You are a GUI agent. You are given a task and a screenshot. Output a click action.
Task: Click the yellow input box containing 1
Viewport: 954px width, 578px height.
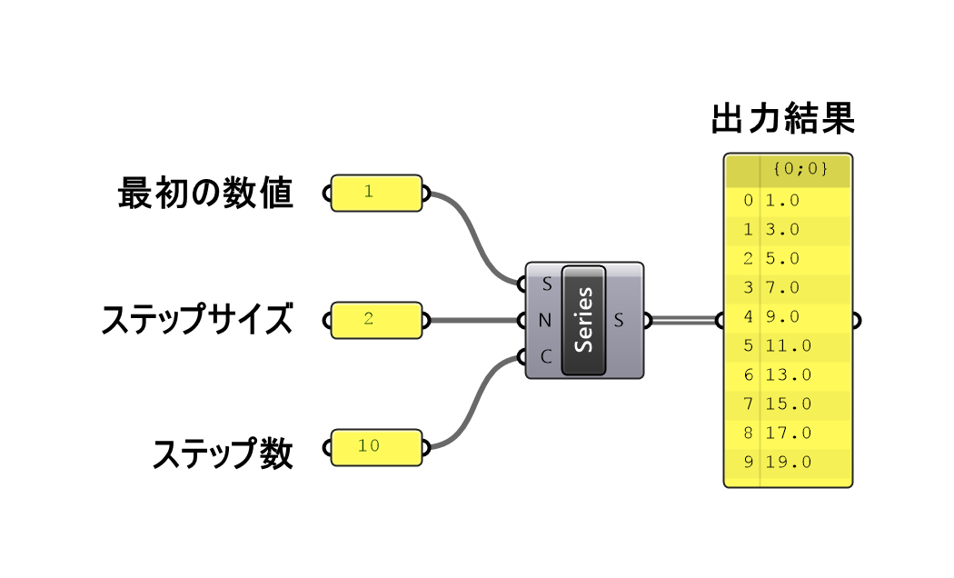376,193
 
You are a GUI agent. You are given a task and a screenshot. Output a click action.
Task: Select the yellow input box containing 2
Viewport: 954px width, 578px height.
376,320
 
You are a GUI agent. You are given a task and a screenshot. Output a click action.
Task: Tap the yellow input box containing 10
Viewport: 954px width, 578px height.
376,447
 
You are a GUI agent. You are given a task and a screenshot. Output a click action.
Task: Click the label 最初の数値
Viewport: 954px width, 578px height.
205,193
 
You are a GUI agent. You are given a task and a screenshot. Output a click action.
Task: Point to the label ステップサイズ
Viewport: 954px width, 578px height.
197,320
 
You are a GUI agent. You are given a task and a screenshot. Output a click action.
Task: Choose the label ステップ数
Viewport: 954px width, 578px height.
223,452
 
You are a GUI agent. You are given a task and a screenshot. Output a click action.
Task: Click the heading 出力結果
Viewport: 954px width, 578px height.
782,120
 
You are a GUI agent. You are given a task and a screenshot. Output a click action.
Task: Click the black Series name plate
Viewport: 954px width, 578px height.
584,320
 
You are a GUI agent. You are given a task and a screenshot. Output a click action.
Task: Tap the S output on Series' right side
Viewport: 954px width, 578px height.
619,320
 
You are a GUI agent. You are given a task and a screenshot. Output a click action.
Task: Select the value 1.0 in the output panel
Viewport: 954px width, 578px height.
782,200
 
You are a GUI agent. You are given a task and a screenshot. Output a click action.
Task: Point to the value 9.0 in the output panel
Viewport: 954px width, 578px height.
782,316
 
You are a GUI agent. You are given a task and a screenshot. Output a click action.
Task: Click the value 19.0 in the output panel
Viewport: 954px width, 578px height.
787,462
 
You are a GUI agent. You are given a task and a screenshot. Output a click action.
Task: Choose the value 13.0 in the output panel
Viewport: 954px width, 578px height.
787,374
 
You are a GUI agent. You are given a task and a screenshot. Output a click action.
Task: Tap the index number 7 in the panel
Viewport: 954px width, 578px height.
748,404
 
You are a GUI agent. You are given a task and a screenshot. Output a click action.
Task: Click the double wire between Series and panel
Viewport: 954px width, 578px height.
683,320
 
